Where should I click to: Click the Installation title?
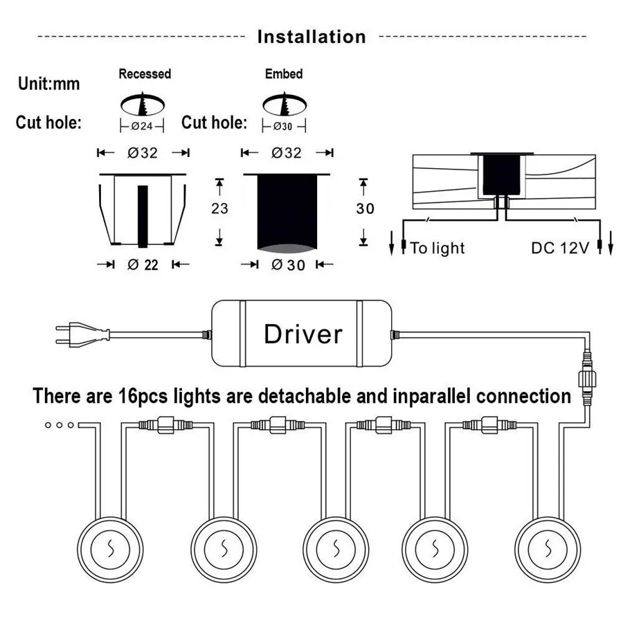311,36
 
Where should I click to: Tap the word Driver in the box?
303,334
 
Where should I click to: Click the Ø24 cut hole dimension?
143,127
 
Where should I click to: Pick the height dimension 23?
219,208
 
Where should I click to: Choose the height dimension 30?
364,208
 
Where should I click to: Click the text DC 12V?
559,248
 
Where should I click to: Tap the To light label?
437,248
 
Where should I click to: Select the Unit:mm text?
48,84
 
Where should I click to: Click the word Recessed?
144,73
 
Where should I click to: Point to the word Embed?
283,73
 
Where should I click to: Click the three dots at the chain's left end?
58,425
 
